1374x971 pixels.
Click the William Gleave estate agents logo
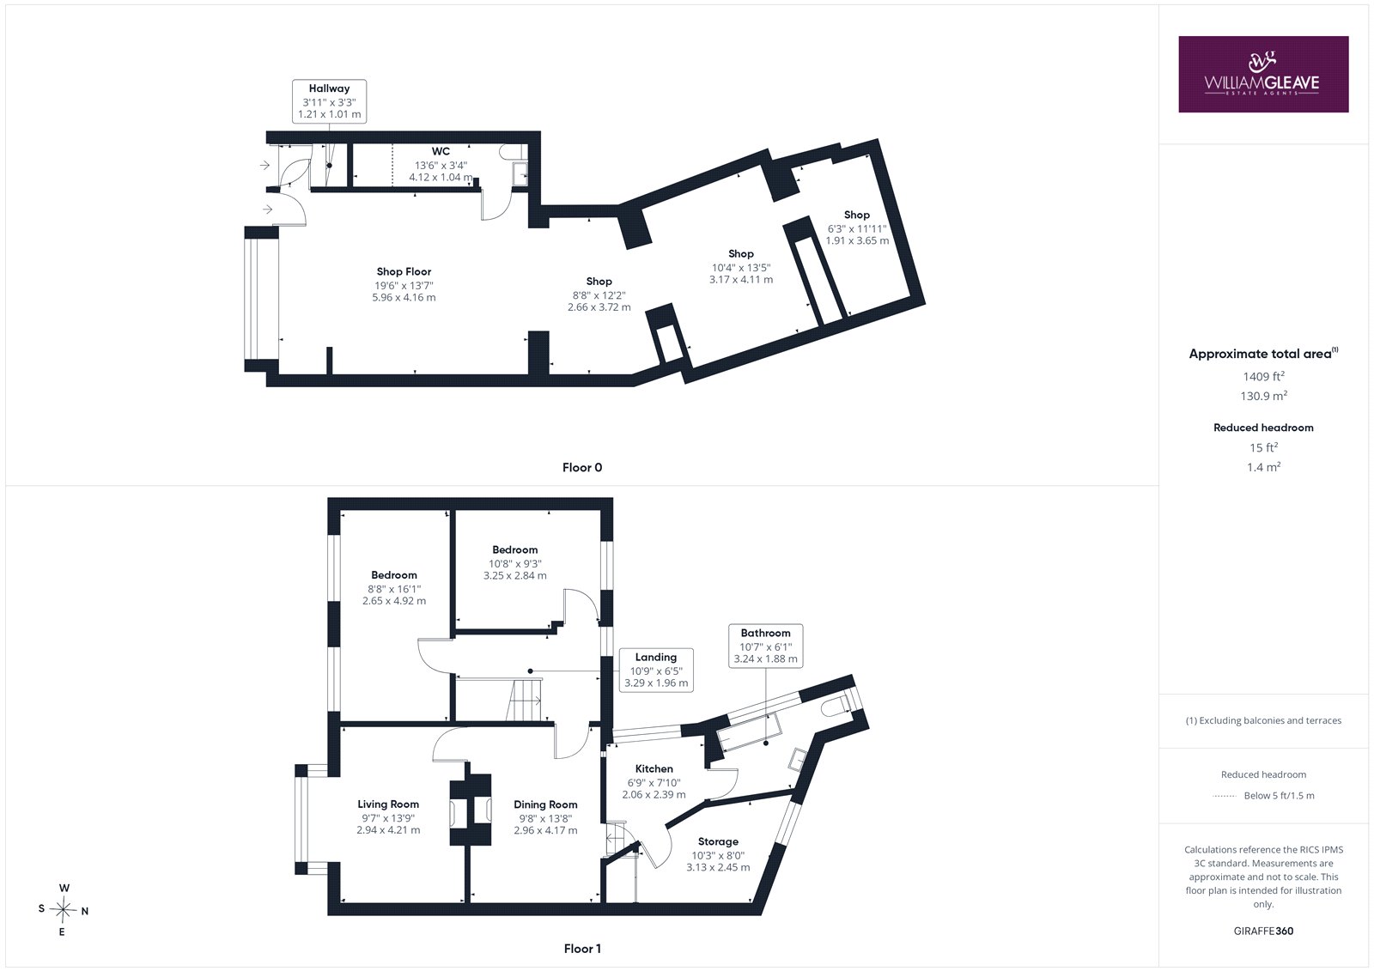point(1263,74)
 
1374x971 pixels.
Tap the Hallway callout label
point(330,101)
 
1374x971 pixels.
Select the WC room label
point(441,151)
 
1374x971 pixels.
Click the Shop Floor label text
point(404,272)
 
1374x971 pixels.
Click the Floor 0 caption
point(582,467)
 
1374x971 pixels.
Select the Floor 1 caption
point(582,949)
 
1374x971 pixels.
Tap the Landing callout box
point(656,670)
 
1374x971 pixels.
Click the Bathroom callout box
point(765,646)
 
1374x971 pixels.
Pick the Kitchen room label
point(654,768)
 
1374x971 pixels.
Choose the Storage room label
point(718,841)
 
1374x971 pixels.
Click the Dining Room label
point(545,804)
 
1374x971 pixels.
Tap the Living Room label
point(388,804)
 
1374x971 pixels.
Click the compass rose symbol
point(63,910)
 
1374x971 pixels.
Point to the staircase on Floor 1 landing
point(525,700)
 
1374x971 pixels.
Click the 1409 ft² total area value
point(1263,377)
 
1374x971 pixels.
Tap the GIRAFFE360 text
point(1263,931)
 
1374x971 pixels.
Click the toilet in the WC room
point(510,151)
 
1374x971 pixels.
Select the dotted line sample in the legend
point(1224,796)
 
